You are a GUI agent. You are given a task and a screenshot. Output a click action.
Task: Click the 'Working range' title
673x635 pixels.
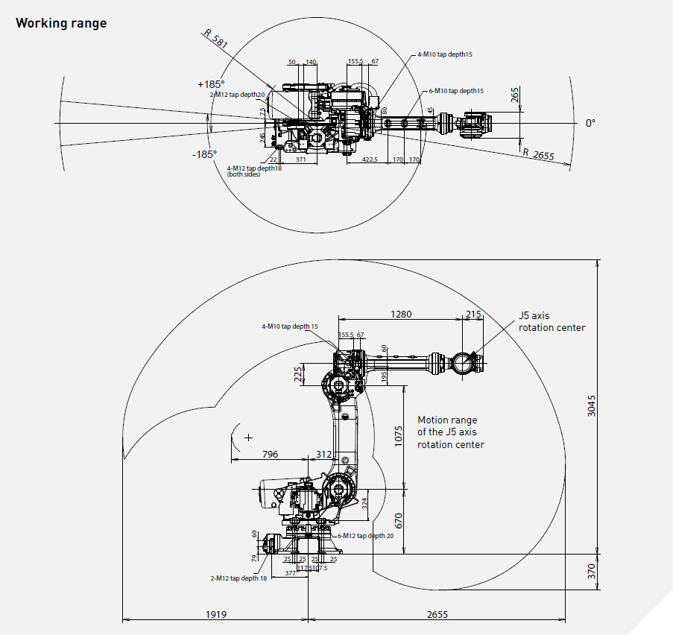(61, 23)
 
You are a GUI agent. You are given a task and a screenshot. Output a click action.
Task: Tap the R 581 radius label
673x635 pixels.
(216, 39)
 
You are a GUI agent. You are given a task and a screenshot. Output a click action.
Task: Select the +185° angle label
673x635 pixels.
(211, 84)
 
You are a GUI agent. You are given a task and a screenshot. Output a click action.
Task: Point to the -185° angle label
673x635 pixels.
(203, 154)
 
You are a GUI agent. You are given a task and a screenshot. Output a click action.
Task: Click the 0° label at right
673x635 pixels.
(590, 123)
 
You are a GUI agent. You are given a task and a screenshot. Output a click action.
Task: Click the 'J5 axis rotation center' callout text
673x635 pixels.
(552, 322)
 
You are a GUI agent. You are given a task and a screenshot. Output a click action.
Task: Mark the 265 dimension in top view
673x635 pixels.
(515, 95)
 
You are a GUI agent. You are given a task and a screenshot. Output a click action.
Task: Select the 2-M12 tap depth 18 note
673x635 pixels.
(238, 578)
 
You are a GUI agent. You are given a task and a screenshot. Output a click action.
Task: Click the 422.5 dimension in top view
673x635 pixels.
(370, 159)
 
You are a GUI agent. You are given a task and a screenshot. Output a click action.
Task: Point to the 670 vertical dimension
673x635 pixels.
(399, 521)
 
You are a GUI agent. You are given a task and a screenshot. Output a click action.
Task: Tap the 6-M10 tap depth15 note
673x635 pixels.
(455, 91)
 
